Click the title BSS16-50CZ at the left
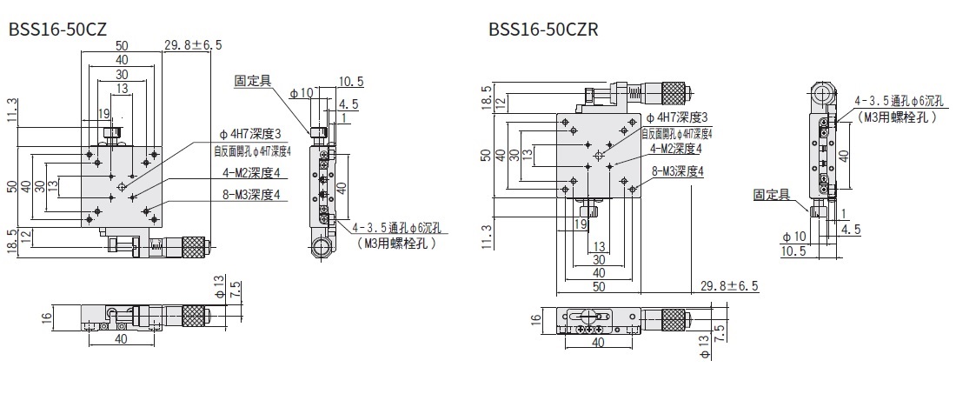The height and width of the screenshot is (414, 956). (57, 28)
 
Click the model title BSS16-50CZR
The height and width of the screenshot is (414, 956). (542, 28)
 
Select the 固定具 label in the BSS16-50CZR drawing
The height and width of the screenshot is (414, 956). (772, 196)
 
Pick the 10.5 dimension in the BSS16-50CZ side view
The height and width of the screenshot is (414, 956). (352, 82)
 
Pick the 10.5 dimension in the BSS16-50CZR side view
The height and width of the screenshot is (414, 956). (792, 251)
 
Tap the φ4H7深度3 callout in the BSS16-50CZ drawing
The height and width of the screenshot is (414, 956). (251, 134)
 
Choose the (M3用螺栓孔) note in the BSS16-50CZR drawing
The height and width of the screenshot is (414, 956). (896, 117)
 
